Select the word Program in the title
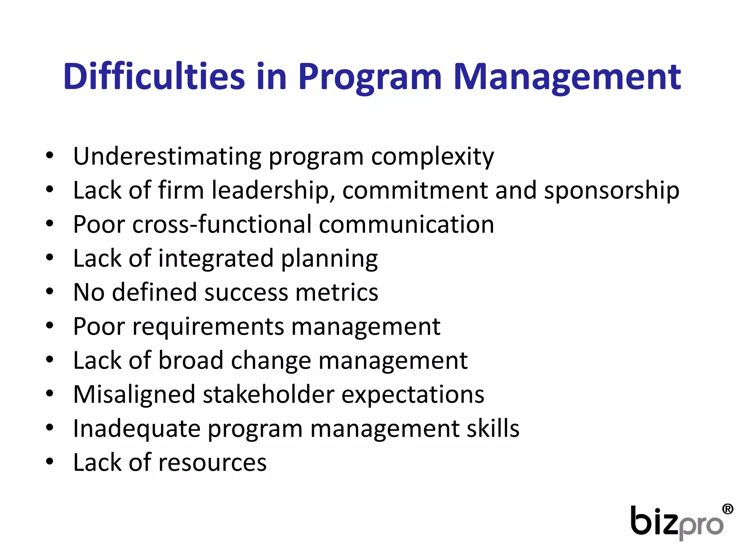369,77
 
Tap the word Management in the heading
567,77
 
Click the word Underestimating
167,156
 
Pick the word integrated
216,258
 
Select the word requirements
208,327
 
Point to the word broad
191,360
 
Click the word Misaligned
134,395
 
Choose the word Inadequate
137,429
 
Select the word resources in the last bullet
213,462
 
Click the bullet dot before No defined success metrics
50,291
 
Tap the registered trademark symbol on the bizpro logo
727,509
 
